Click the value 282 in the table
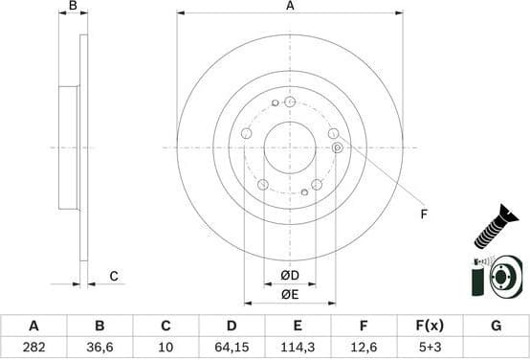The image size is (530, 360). [x=33, y=346]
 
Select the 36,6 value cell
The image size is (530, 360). [x=99, y=346]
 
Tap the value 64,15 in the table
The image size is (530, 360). [x=231, y=346]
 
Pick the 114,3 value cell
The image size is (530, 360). [x=298, y=346]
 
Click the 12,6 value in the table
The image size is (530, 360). [x=364, y=346]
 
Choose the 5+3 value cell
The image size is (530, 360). [x=430, y=346]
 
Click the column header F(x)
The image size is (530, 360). [x=430, y=326]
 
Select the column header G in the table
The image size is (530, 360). [x=496, y=326]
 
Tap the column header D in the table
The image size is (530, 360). [x=231, y=326]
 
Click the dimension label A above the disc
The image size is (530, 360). [x=290, y=7]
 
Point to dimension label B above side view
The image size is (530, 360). [x=73, y=7]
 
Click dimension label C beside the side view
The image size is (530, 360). [x=113, y=277]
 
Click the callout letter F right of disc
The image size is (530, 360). [x=424, y=214]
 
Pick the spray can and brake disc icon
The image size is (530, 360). [x=497, y=278]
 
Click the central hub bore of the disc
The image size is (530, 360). [x=290, y=147]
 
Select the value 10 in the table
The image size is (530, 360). [x=166, y=346]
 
